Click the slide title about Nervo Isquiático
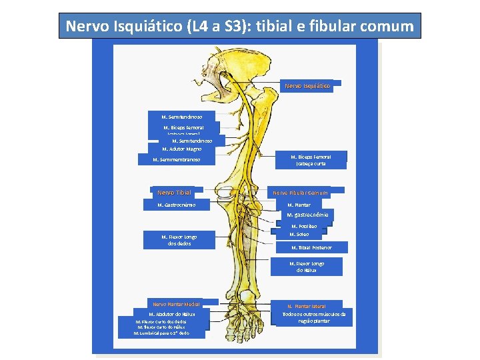tap(239, 27)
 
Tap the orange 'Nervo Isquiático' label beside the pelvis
tap(307, 86)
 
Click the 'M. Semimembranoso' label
tap(177, 159)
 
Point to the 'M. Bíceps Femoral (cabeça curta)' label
tap(311, 160)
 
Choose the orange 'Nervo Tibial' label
tap(174, 193)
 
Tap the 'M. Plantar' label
tap(299, 205)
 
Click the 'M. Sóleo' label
tap(299, 234)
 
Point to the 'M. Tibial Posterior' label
tap(311, 247)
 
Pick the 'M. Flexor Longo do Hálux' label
tap(307, 267)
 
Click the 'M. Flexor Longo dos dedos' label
tap(179, 240)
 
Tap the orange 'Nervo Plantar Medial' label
tap(176, 304)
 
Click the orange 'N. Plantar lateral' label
tap(315, 306)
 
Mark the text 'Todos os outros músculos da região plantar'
tap(314, 317)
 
